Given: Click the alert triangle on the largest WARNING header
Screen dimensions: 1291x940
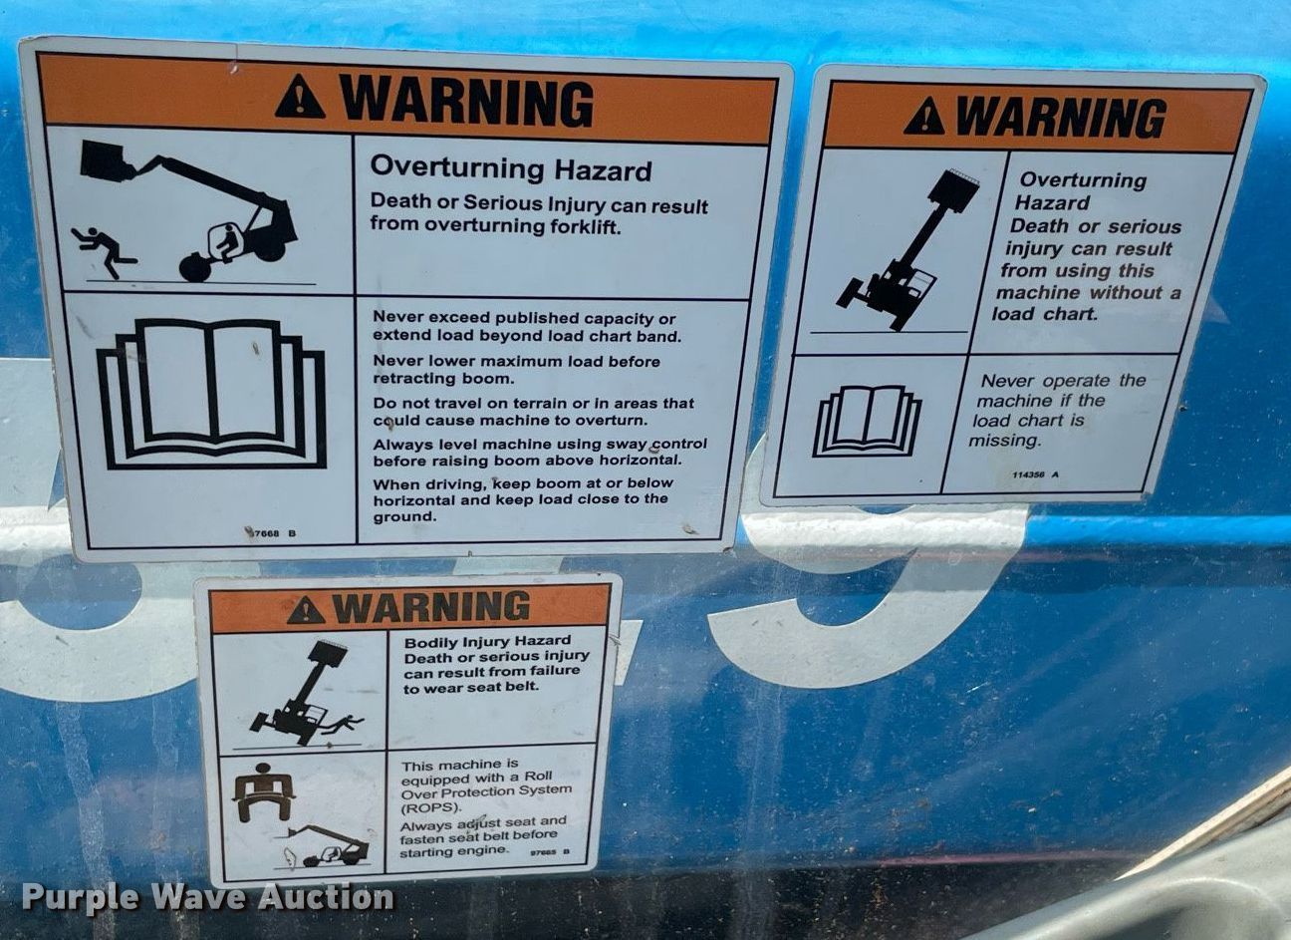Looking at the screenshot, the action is tap(300, 97).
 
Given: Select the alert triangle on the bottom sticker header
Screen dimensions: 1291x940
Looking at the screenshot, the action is tap(305, 610).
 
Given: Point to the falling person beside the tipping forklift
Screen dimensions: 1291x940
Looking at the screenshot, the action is tap(103, 248).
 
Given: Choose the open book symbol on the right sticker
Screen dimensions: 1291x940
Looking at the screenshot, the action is tap(867, 421).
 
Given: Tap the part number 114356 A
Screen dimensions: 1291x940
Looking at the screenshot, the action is tap(1035, 474).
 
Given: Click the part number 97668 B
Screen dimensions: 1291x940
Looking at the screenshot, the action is tap(271, 533).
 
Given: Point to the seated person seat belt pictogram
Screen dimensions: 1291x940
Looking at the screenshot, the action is tap(263, 792).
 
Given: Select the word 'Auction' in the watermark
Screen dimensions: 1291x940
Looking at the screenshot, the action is tap(326, 898).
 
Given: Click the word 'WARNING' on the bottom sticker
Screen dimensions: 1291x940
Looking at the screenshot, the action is tap(429, 605).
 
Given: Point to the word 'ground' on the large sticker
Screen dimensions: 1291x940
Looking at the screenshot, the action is tap(402, 516).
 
